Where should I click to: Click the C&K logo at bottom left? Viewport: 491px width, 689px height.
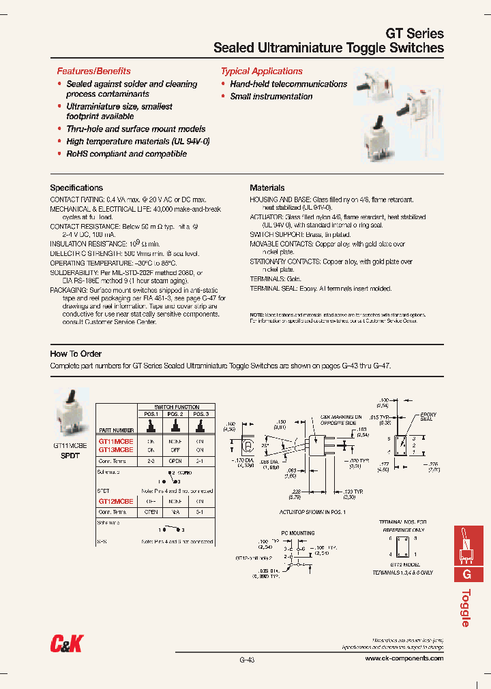pyautogui.click(x=66, y=642)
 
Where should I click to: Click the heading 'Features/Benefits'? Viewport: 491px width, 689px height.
pyautogui.click(x=93, y=71)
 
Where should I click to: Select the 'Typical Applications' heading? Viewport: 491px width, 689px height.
pyautogui.click(x=261, y=71)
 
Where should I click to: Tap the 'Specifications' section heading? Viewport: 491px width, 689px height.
pyautogui.click(x=76, y=188)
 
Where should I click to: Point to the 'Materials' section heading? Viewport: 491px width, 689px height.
pyautogui.click(x=267, y=188)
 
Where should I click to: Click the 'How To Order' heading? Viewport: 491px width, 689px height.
pyautogui.click(x=76, y=354)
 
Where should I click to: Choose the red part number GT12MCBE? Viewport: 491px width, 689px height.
pyautogui.click(x=115, y=500)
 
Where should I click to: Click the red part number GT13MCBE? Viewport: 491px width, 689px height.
pyautogui.click(x=115, y=450)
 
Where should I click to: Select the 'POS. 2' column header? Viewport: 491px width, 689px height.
pyautogui.click(x=175, y=414)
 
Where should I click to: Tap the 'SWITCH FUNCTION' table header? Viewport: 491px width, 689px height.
pyautogui.click(x=177, y=406)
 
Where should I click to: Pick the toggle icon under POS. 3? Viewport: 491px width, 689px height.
pyautogui.click(x=199, y=426)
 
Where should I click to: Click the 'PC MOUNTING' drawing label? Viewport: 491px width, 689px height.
pyautogui.click(x=297, y=534)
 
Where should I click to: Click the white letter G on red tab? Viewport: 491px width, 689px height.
pyautogui.click(x=467, y=574)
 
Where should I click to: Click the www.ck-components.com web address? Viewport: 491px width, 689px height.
pyautogui.click(x=404, y=658)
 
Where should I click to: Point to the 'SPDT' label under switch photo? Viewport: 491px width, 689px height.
pyautogui.click(x=70, y=455)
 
